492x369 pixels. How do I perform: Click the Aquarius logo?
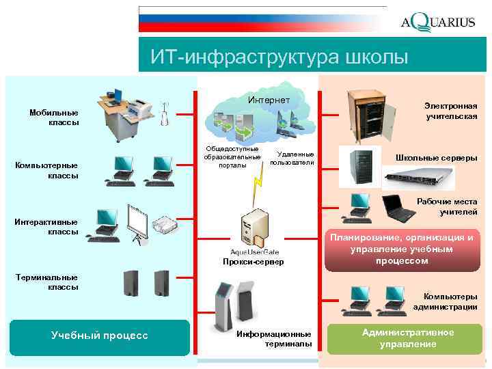coord(437,22)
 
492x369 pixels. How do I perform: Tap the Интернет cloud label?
coord(269,100)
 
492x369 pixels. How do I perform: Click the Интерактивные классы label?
coord(47,226)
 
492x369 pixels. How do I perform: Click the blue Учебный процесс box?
coord(99,336)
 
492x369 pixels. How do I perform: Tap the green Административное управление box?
coord(409,338)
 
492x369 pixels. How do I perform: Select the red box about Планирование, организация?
coord(401,249)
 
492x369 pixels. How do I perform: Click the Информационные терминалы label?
coord(273,338)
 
